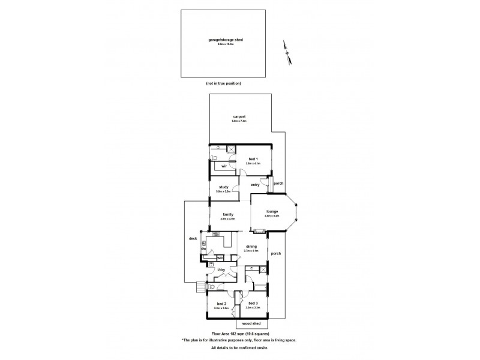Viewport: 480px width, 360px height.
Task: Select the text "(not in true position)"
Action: pos(223,83)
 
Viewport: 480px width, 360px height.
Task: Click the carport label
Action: pos(239,117)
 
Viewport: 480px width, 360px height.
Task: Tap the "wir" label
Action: pos(223,166)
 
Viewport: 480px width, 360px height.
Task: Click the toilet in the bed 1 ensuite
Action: pos(214,158)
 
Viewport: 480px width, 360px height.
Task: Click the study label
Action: pos(223,187)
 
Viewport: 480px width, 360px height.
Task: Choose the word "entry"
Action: pos(254,185)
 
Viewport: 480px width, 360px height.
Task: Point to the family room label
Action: pos(228,214)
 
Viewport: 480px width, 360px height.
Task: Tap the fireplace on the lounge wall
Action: pos(259,231)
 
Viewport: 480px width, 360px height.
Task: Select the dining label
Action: pos(251,247)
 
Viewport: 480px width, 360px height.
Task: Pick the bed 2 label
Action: pos(221,304)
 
